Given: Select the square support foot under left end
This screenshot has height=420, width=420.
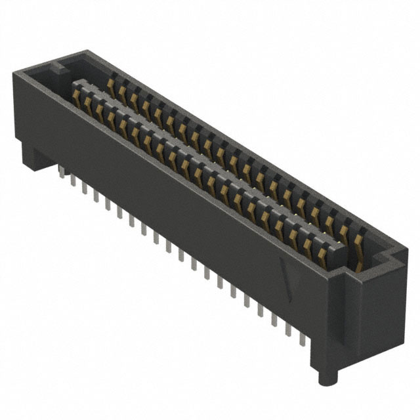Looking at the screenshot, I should [33, 154].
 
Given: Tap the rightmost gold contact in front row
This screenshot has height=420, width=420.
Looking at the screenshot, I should [322, 253].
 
